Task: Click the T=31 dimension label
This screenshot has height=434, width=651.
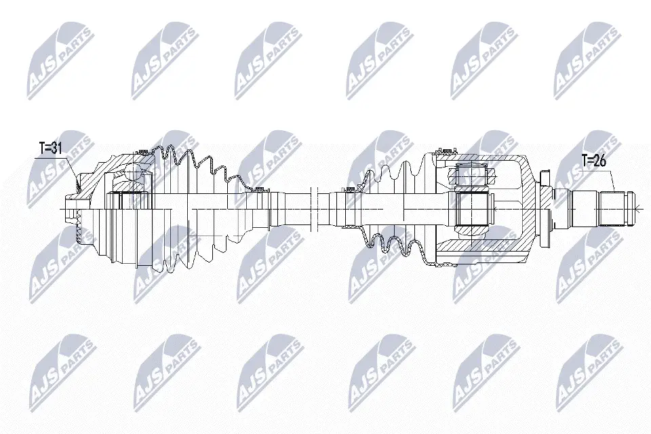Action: click(x=50, y=149)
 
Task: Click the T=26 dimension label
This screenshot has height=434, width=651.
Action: click(x=593, y=160)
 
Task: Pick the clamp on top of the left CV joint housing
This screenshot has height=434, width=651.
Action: click(x=144, y=151)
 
